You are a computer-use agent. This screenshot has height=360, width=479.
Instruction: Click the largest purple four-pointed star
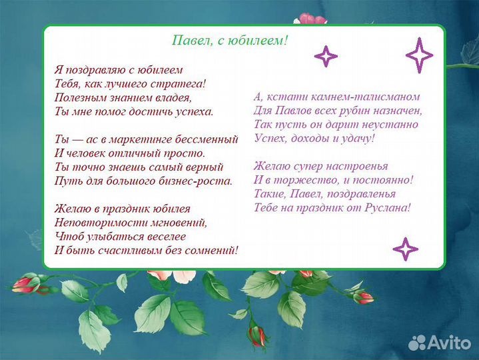420,56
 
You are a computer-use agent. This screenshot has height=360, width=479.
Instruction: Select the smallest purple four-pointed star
326,57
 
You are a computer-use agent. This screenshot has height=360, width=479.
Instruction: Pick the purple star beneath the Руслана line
405,249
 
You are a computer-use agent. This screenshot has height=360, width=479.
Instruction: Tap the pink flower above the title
311,19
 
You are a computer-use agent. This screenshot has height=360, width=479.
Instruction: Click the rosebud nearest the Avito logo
363,297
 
